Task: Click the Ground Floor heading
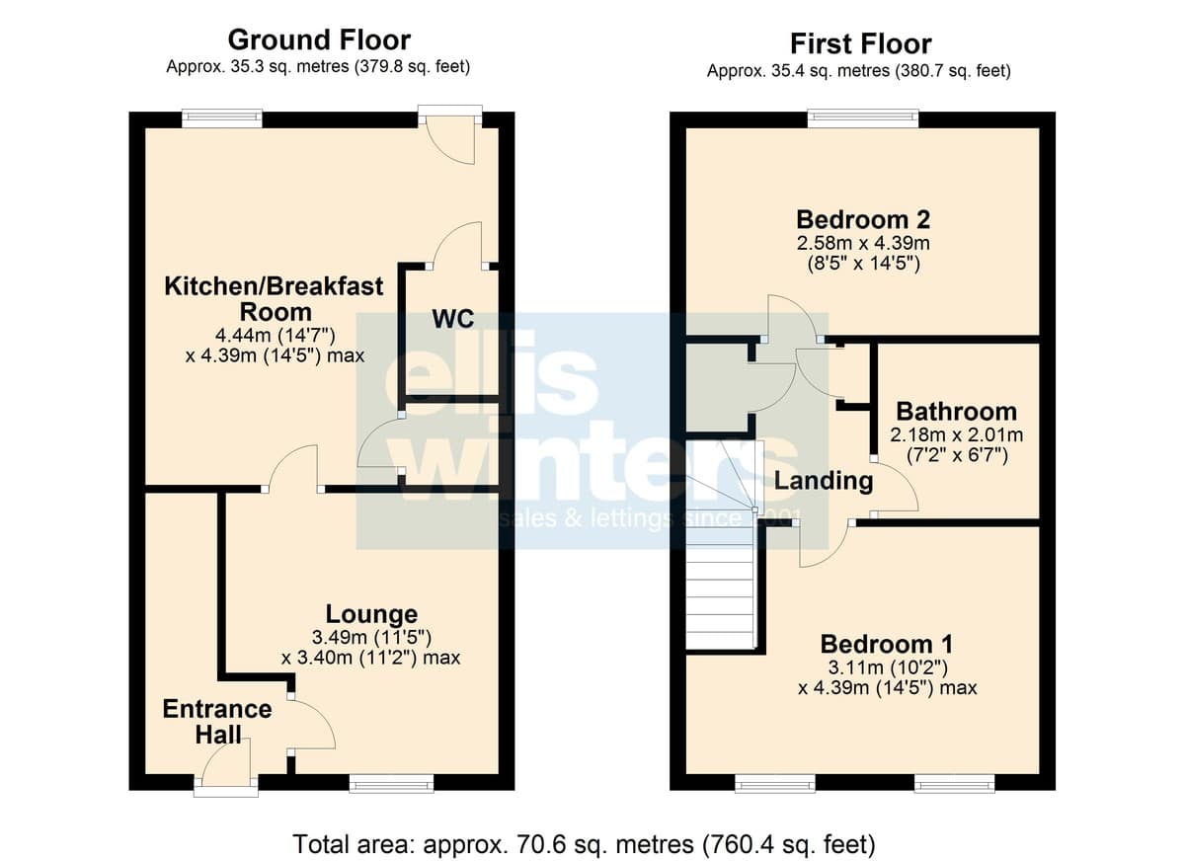coord(319,40)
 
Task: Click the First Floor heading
coord(861,43)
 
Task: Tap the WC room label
coord(453,319)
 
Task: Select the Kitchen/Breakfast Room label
coord(275,299)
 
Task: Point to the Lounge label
coord(371,614)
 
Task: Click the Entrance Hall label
coord(217,722)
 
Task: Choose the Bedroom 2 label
coord(863,219)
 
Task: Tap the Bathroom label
coord(957,412)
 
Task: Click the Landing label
coord(824,481)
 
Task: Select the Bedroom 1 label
coord(887,644)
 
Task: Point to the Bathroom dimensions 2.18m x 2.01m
coord(957,435)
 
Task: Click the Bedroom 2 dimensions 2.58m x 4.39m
coord(863,243)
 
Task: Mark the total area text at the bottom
coord(584,844)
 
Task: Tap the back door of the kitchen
coord(450,138)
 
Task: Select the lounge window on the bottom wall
coord(391,784)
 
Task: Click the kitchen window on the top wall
coord(222,118)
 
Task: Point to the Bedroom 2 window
coord(863,118)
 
